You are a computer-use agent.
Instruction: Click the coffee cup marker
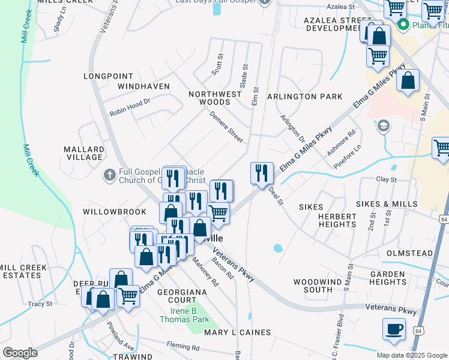(x=394, y=329)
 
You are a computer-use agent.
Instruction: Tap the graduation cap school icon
(x=382, y=126)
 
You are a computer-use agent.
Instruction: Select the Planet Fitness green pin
(x=403, y=25)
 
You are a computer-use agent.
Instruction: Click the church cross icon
(x=109, y=175)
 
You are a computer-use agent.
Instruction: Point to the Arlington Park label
(x=304, y=97)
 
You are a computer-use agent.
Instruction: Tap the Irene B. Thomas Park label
(x=184, y=315)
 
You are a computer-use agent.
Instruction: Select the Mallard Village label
(x=84, y=153)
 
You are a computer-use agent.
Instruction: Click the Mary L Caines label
(x=238, y=332)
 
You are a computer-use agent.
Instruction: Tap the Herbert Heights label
(x=338, y=220)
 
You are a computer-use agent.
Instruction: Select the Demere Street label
(x=226, y=127)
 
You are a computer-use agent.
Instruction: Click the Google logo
(x=20, y=353)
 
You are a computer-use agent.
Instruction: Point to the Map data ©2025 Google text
(x=412, y=355)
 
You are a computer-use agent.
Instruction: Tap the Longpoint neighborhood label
(x=108, y=76)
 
